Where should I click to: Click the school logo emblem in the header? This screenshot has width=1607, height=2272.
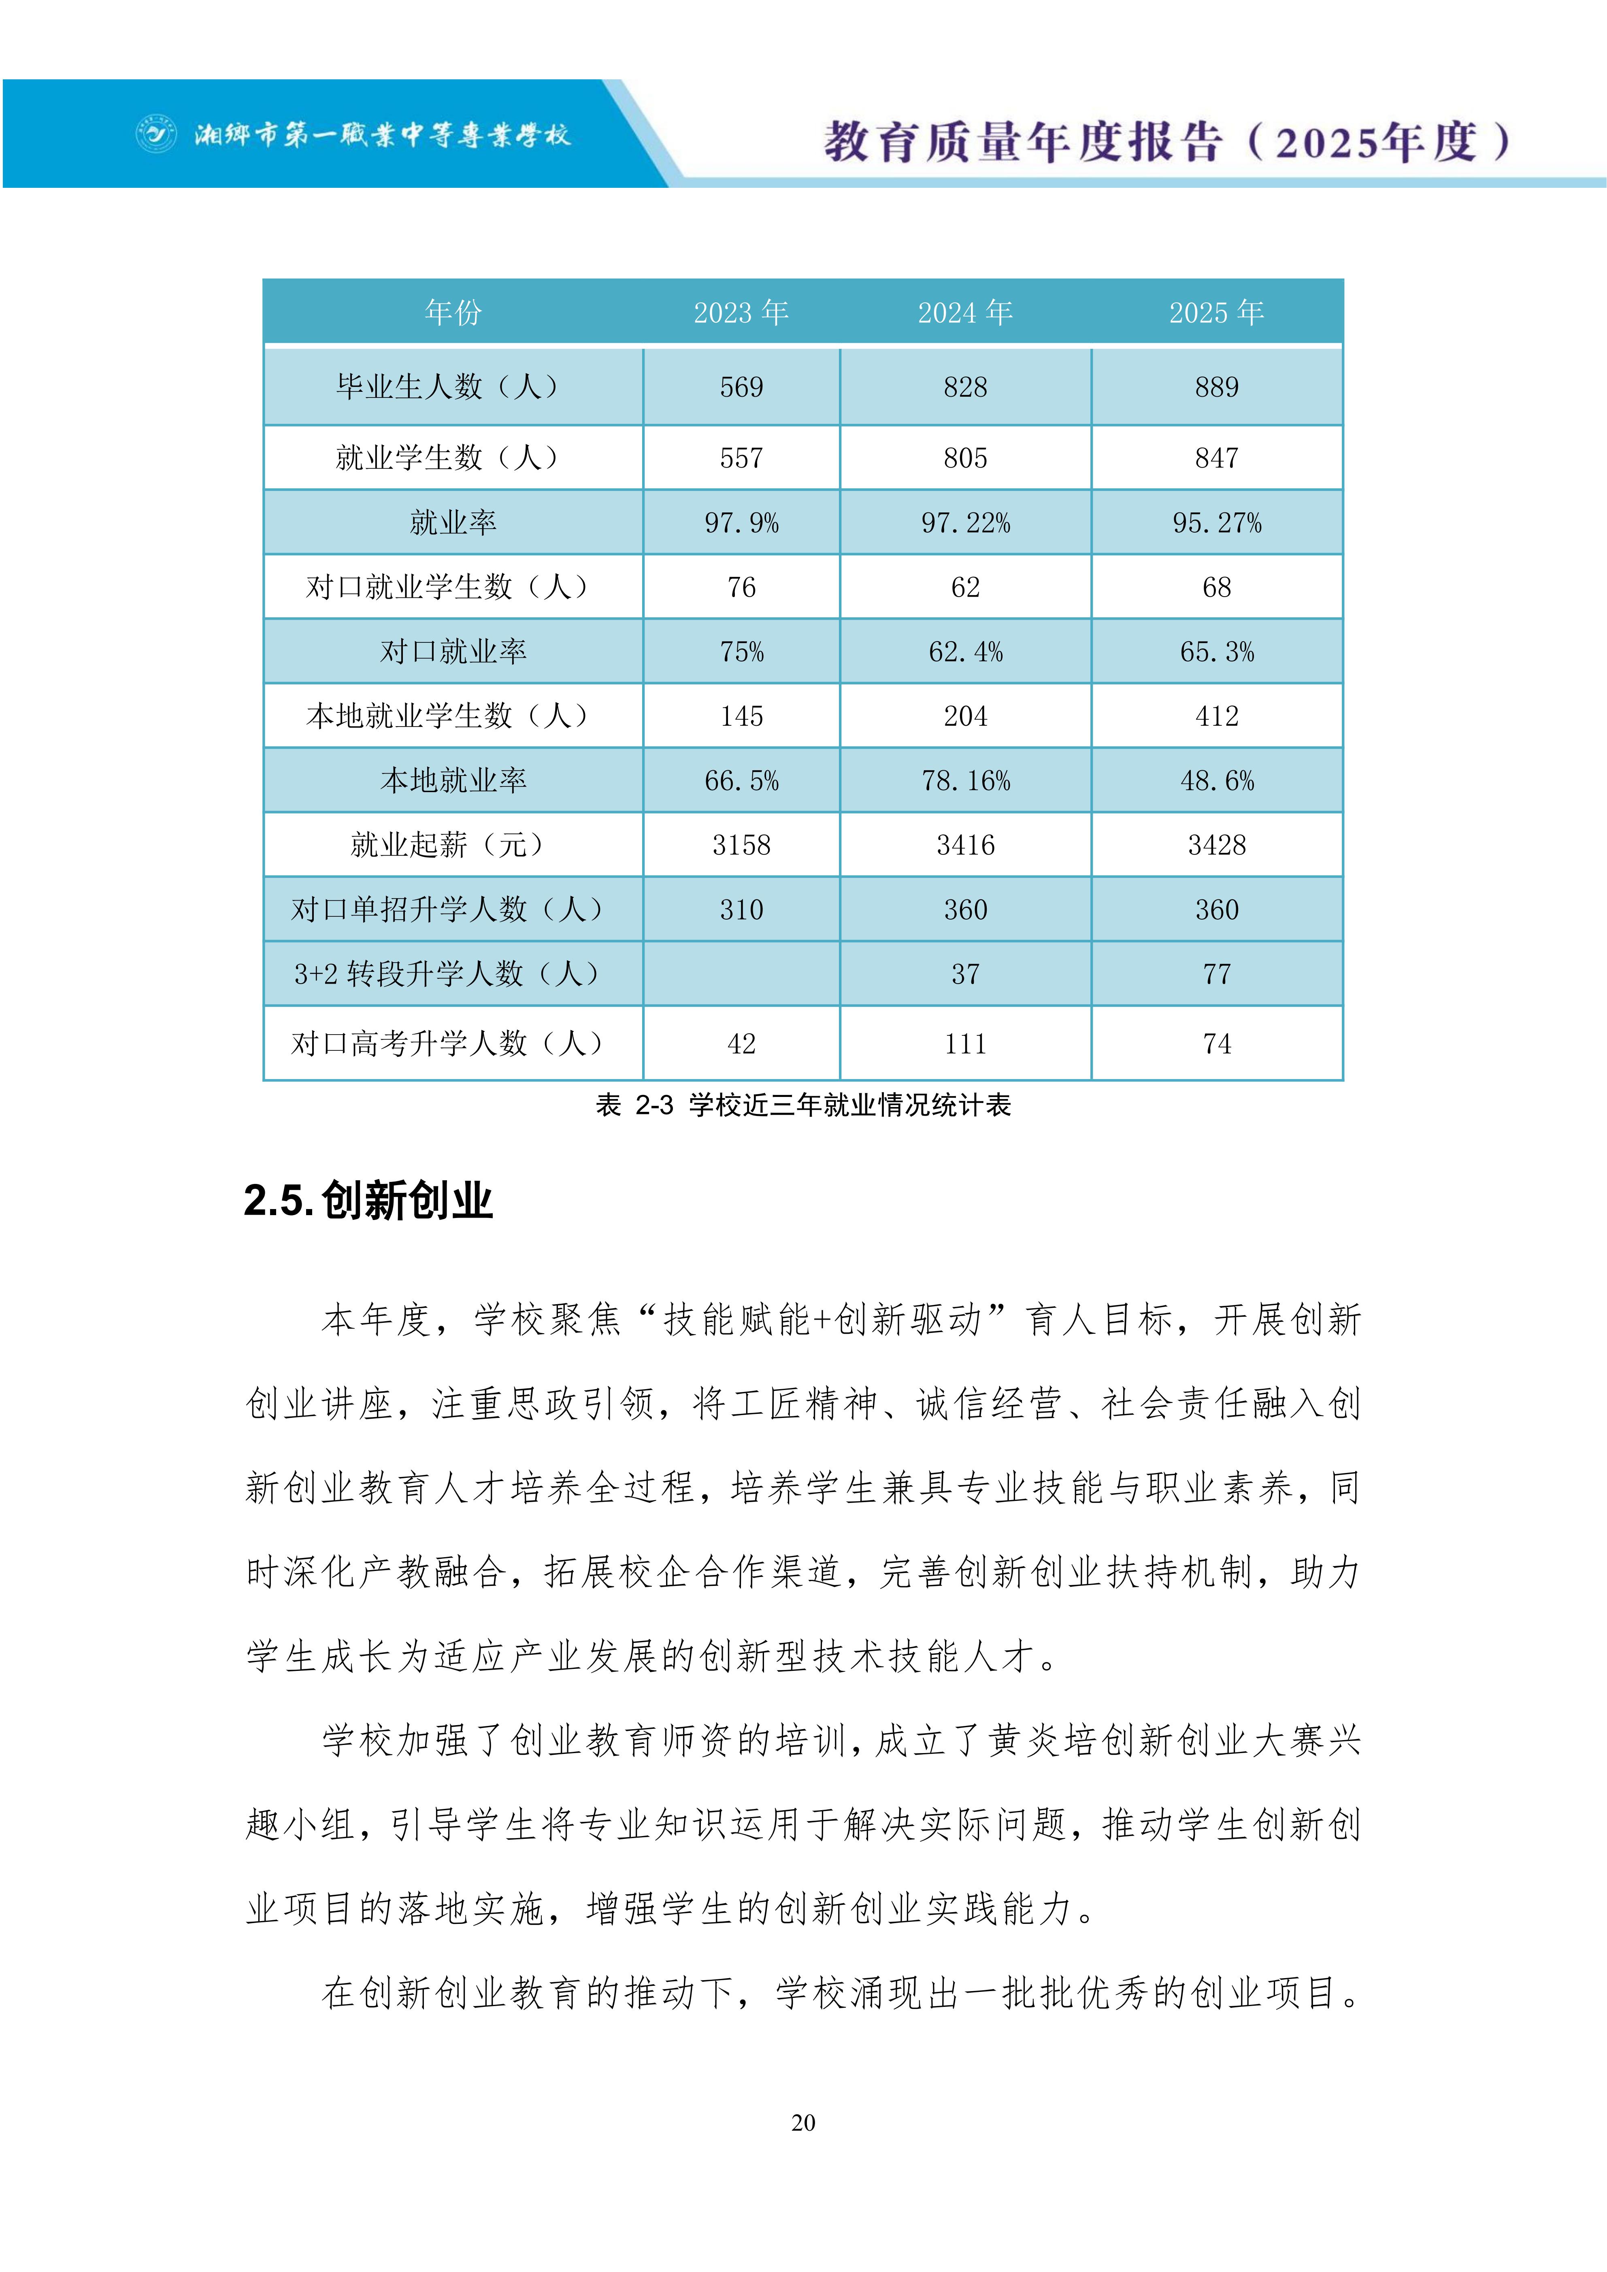[155, 134]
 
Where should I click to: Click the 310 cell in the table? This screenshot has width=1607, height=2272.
[741, 910]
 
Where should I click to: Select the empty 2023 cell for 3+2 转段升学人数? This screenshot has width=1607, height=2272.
[741, 974]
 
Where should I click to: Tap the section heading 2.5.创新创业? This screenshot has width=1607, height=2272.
[368, 1200]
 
